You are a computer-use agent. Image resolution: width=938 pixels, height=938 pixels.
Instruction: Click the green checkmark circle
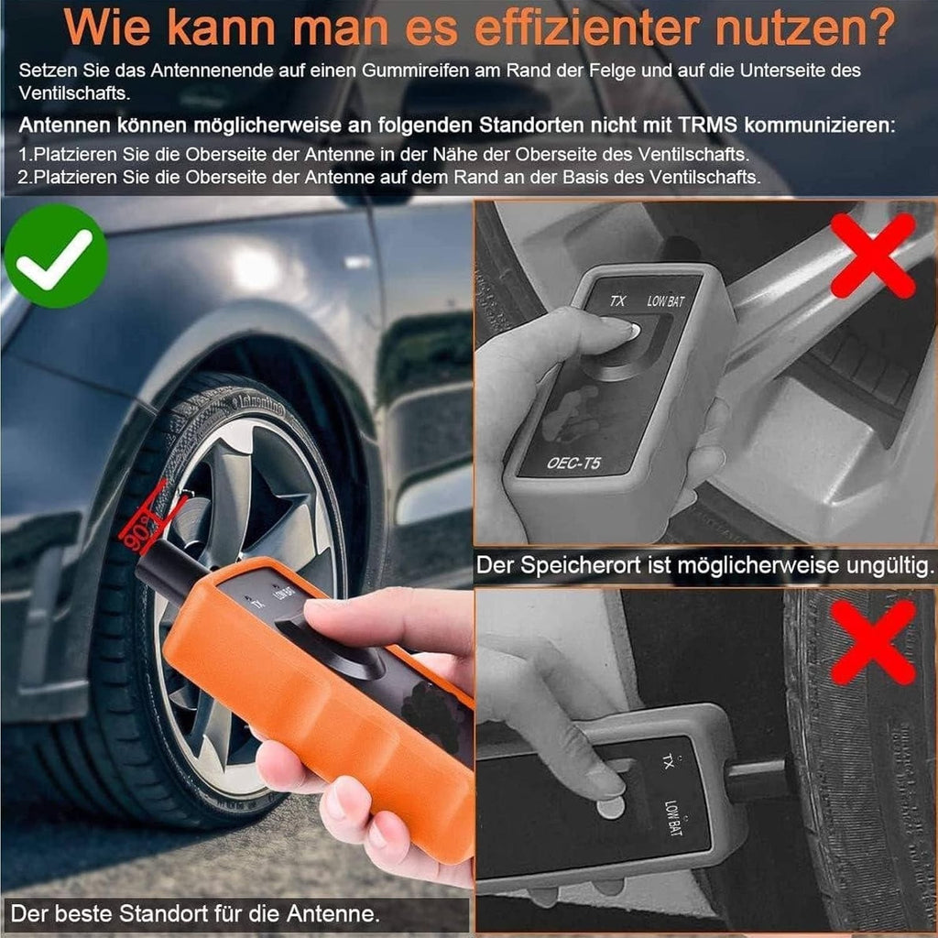56,256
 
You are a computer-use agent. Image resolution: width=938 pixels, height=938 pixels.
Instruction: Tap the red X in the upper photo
873,256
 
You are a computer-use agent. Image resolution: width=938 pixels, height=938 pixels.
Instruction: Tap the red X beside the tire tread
873,643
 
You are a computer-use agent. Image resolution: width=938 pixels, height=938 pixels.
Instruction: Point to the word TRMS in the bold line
708,125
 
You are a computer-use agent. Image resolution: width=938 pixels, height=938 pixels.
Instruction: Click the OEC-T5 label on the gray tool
573,463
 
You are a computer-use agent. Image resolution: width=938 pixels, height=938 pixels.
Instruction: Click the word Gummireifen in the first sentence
416,71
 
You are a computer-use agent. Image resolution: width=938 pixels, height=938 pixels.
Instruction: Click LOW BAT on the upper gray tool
665,300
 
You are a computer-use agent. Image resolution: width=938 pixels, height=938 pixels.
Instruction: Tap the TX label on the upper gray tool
617,300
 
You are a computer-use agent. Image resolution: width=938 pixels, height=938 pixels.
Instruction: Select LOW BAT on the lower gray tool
672,817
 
